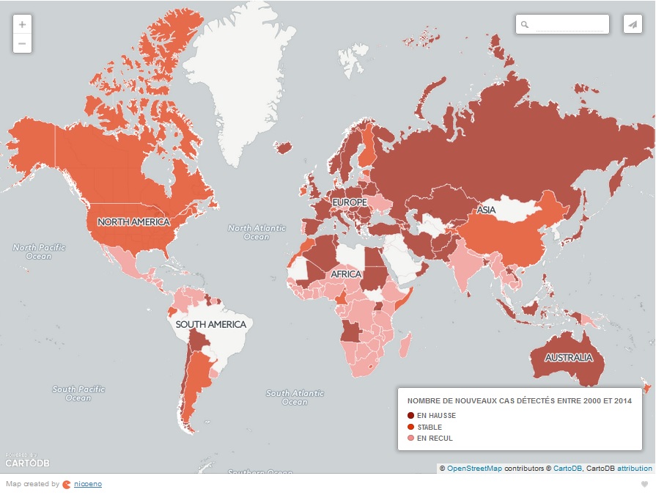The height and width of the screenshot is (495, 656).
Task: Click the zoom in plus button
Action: pos(22,24)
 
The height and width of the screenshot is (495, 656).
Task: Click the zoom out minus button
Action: pos(22,43)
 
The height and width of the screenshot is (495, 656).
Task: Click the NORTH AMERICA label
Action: pos(133,221)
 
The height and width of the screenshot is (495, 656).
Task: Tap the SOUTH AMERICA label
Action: pos(210,324)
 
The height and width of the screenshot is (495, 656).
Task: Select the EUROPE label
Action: pos(349,202)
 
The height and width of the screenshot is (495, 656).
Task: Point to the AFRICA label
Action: pos(346,274)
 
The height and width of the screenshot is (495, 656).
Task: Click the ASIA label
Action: pos(486,210)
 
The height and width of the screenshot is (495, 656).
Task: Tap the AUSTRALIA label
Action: pos(568,358)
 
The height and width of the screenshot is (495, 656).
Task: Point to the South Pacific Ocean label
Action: pos(78,393)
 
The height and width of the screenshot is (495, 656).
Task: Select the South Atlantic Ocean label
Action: pos(295,397)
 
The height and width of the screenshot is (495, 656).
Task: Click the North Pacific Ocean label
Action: pos(39,252)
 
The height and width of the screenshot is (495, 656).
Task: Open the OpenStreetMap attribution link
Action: pos(474,468)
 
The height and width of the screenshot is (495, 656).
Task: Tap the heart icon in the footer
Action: pos(644,484)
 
